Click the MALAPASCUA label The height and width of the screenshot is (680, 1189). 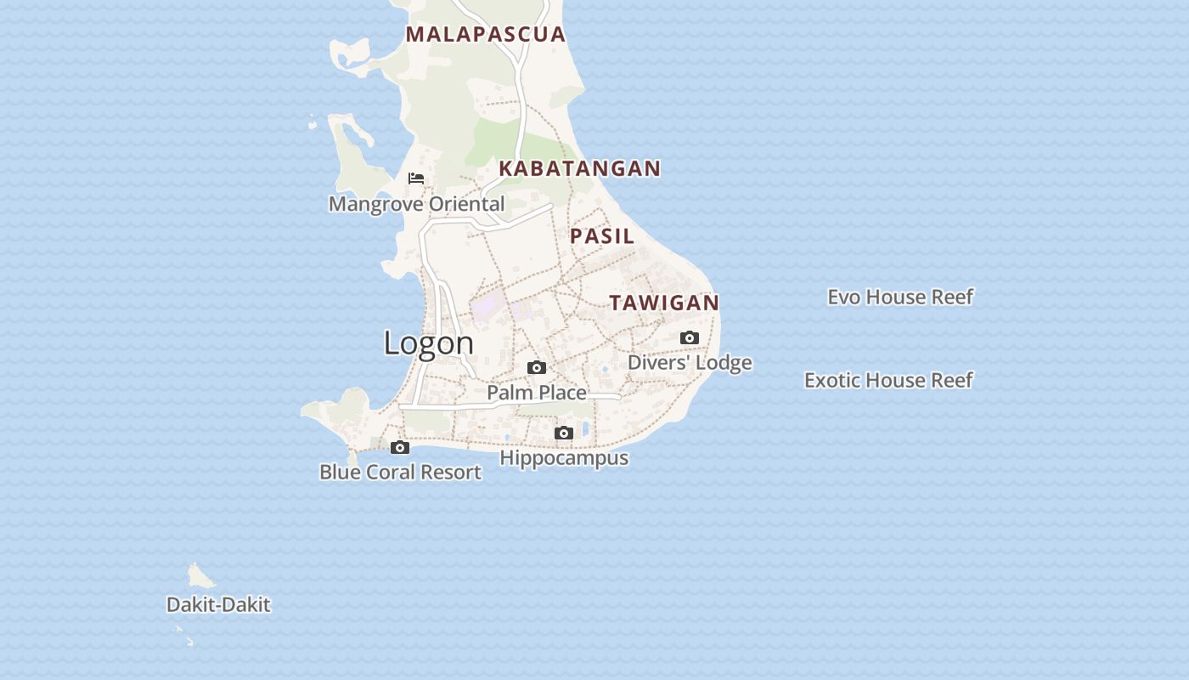coord(485,34)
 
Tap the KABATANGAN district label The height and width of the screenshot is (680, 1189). coord(579,168)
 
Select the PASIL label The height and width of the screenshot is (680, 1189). coord(602,236)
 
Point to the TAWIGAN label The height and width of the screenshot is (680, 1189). coord(664,303)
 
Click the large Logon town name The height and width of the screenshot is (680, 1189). coord(428,343)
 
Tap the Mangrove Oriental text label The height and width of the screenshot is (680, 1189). coord(416,204)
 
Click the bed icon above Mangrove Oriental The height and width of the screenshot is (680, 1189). coord(416,178)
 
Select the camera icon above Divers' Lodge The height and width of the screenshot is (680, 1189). coord(690,338)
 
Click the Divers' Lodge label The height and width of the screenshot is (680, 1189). coord(690,363)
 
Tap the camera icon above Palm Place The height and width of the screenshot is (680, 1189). coord(537,368)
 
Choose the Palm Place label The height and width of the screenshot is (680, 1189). coord(537,393)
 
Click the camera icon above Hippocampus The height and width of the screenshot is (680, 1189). coord(564,433)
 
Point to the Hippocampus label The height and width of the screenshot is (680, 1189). coord(564,458)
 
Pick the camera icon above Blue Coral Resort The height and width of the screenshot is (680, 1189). coord(400,448)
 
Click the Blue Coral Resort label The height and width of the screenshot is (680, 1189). coord(400,473)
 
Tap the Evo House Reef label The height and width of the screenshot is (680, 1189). coord(900,297)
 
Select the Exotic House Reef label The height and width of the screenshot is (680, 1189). coord(888,380)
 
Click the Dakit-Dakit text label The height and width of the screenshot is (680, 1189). coord(218,605)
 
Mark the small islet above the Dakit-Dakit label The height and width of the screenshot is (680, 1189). coord(200,577)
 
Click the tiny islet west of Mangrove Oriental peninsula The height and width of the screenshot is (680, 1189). coord(313,124)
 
